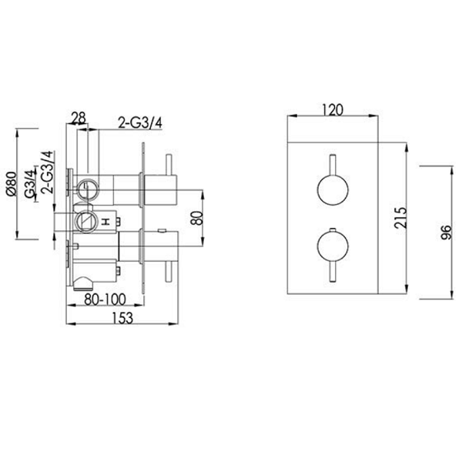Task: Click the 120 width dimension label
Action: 333,110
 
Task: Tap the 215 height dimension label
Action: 400,218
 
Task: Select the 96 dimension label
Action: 446,233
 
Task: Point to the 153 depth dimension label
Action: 122,317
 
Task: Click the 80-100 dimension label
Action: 105,300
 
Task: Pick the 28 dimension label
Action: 79,118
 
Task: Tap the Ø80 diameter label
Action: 12,183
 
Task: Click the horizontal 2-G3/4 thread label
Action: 140,123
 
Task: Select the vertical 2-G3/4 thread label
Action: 48,172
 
